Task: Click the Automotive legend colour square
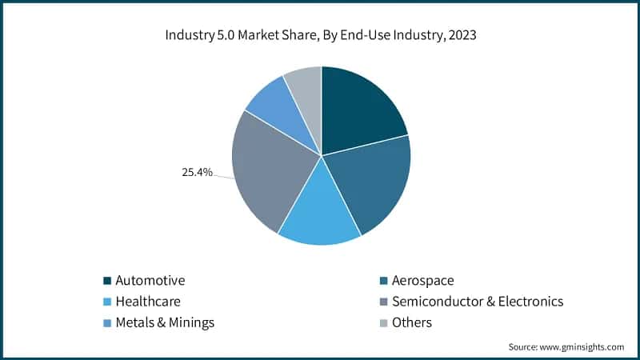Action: point(107,281)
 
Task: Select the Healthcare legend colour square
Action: point(107,302)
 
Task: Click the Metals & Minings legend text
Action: point(165,323)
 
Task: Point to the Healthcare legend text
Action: point(148,302)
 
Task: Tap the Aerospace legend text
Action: point(424,281)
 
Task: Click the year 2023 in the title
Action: point(458,35)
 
